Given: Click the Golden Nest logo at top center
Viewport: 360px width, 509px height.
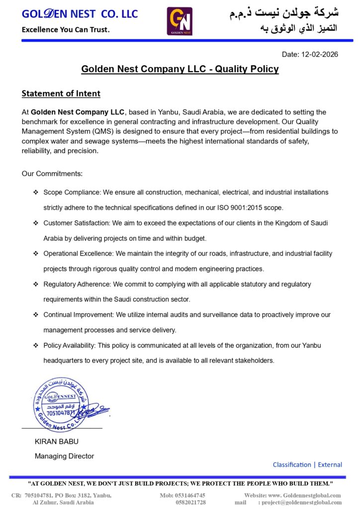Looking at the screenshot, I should click(x=180, y=21).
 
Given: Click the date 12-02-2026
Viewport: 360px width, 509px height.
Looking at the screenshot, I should click(x=320, y=54).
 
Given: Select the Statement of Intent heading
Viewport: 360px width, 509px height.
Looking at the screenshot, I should click(x=61, y=93).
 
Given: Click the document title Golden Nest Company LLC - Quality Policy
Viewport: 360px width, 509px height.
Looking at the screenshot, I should click(x=180, y=69).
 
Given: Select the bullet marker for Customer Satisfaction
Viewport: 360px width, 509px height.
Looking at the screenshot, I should click(x=35, y=223).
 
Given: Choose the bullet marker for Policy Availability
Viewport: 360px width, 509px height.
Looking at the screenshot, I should click(x=35, y=345).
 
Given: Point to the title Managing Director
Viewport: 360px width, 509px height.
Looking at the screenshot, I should click(x=64, y=456).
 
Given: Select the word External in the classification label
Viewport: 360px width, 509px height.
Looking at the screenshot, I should click(x=330, y=465).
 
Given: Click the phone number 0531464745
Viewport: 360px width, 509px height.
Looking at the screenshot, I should click(x=189, y=495).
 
